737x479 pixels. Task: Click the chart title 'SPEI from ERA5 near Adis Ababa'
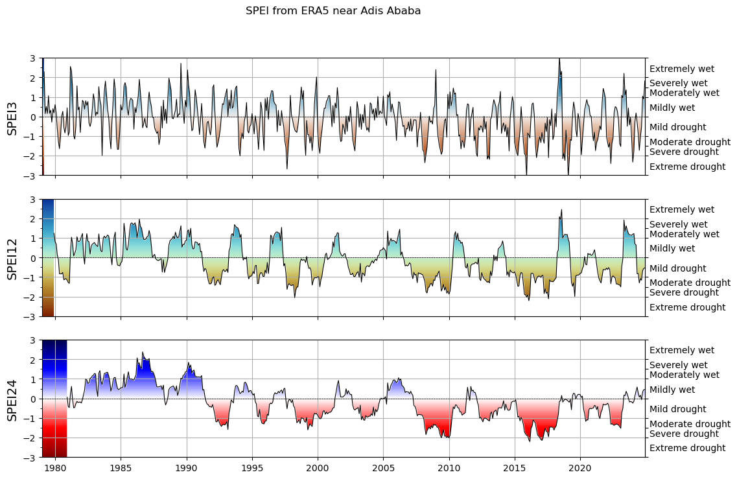tap(333, 10)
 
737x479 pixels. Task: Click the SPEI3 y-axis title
tap(12, 117)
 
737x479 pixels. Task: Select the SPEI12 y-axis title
tap(12, 258)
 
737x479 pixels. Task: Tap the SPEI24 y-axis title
tap(12, 399)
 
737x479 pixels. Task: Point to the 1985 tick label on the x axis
tap(121, 467)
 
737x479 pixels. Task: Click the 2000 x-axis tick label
tap(318, 467)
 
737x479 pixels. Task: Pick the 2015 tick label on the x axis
tap(515, 467)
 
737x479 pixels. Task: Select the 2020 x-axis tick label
tap(580, 467)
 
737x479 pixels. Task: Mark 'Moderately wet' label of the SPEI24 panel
tap(684, 375)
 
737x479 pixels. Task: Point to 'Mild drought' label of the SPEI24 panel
tap(677, 409)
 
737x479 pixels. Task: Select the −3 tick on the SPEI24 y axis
tap(32, 458)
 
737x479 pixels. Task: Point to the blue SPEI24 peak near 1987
tap(143, 353)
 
